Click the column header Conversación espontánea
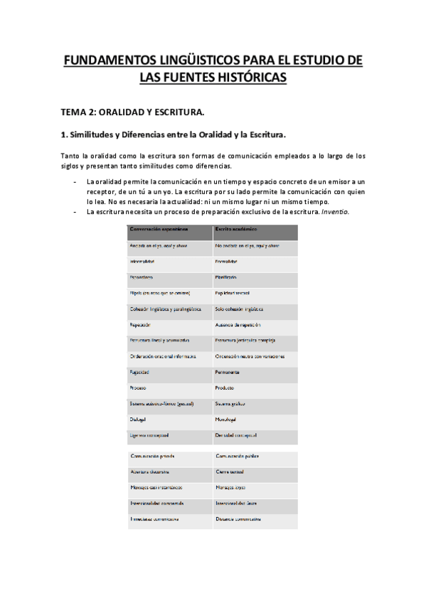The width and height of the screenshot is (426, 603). (158, 229)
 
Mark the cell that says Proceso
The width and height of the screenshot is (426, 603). (138, 388)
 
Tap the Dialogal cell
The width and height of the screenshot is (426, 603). (139, 420)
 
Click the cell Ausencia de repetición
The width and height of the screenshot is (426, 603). (243, 324)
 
